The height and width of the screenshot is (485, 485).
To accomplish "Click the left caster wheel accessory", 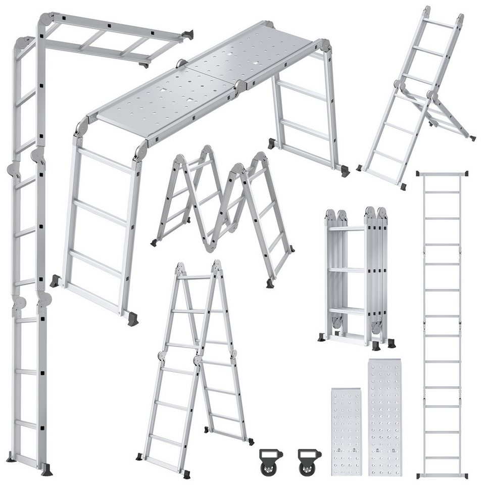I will pyautogui.click(x=270, y=460).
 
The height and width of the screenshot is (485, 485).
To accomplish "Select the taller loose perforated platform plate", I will pyautogui.click(x=385, y=417).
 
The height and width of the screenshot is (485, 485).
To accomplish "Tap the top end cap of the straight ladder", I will pyautogui.click(x=442, y=174).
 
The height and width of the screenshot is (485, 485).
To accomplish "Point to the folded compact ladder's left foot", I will pyautogui.click(x=322, y=337).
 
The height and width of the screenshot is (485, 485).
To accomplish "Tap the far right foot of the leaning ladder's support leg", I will pyautogui.click(x=472, y=137).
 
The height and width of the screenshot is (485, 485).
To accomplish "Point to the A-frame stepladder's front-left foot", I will pyautogui.click(x=139, y=456).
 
